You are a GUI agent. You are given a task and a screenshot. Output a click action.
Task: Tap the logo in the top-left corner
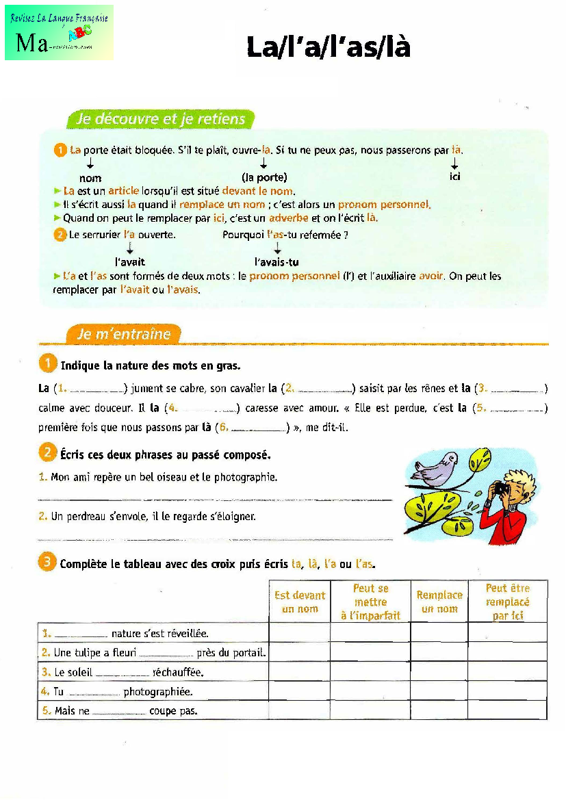tap(59, 33)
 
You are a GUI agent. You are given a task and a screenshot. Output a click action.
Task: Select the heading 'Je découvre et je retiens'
tap(161, 120)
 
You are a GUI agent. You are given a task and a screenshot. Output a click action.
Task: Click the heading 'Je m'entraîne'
tap(124, 334)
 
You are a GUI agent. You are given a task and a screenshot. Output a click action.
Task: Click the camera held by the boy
tap(500, 489)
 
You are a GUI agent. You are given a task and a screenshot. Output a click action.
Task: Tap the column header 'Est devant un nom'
tap(300, 602)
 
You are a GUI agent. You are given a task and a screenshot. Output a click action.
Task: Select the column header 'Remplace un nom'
tap(439, 602)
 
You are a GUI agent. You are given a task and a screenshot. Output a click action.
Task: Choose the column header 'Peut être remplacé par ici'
tap(507, 602)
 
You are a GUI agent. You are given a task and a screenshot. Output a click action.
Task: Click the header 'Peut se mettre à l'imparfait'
tap(370, 602)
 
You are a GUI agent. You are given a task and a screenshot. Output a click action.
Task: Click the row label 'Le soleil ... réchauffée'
tap(129, 673)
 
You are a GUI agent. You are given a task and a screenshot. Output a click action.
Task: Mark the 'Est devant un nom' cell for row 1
tap(300, 633)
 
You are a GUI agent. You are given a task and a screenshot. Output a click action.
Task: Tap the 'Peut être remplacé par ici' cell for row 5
tap(507, 711)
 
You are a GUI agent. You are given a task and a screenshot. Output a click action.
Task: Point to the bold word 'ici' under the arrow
tap(455, 177)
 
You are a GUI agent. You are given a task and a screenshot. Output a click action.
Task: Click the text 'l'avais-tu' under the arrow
tap(276, 262)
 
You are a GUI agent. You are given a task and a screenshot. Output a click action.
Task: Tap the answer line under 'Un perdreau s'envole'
tap(215, 540)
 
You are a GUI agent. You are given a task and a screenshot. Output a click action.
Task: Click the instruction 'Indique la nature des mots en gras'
tap(151, 366)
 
